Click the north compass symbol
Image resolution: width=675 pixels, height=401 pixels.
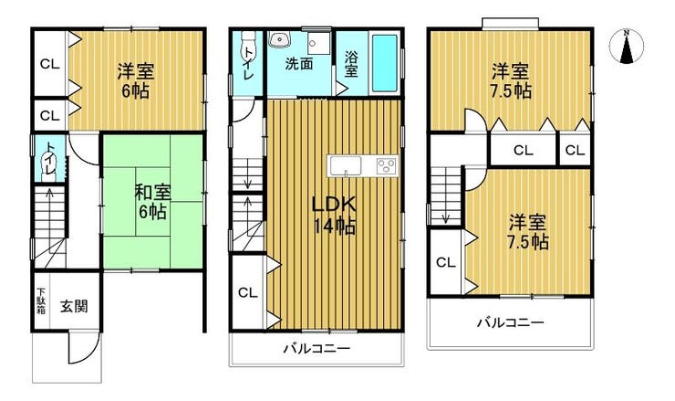pos(627,46)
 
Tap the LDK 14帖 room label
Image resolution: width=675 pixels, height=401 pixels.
pos(334,216)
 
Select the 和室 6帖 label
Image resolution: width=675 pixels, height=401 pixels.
pos(153,202)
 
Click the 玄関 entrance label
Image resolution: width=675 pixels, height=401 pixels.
pos(74,306)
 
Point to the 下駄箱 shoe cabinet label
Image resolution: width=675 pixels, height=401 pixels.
pos(41,301)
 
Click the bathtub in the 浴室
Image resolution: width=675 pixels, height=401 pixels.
pos(384,63)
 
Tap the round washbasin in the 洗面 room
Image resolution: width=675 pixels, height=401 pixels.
pos(280,40)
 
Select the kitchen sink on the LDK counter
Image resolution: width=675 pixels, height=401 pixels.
pos(345,166)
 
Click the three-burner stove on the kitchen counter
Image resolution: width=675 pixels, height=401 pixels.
pos(386,166)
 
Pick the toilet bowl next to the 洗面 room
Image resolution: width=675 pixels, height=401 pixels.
pos(248,42)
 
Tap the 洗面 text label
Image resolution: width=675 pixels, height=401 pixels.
pos(299,64)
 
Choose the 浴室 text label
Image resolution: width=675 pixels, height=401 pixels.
pos(351,64)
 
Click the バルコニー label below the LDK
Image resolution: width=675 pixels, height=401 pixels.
pos(317,348)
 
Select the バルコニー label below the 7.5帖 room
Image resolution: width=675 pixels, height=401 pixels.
pos(511,322)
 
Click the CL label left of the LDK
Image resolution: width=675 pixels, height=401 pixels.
pos(247,293)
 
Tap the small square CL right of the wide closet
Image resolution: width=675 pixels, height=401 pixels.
pos(576,150)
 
